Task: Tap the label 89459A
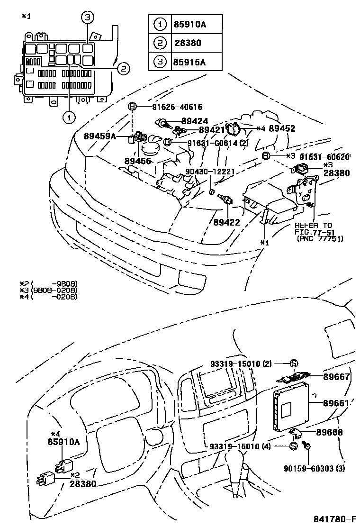[x=100, y=136]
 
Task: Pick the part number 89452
[x=282, y=128]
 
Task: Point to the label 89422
[x=226, y=221]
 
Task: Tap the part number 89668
[x=336, y=432]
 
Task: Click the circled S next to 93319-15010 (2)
[x=293, y=363]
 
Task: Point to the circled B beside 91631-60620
[x=266, y=156]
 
